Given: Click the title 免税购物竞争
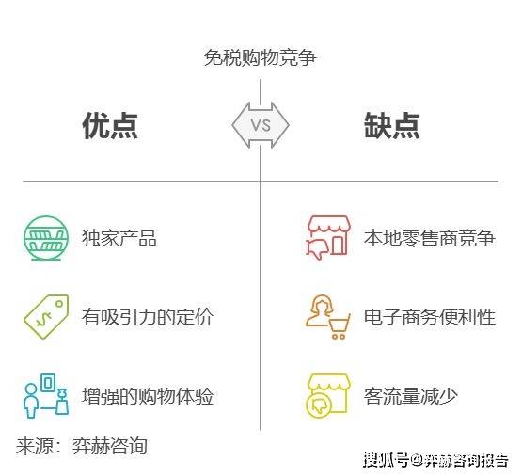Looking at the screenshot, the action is [260, 57].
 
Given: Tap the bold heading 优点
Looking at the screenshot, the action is [110, 125].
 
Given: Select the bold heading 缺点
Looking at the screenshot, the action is [392, 125].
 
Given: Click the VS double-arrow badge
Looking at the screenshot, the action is [261, 125].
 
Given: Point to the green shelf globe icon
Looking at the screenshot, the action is [46, 238].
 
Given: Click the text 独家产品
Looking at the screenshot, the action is [119, 238].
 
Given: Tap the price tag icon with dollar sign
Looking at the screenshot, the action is [46, 317].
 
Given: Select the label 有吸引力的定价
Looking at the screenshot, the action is [148, 317].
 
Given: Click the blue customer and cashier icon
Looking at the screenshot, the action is [46, 395].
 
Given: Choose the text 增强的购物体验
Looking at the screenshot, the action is [148, 396].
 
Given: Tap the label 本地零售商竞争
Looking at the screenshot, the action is [430, 238].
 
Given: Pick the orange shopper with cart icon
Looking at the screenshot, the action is [328, 317].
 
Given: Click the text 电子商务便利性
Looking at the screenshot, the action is [430, 317].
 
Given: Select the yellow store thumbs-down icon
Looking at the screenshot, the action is [328, 395].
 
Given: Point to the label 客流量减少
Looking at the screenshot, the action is [410, 396].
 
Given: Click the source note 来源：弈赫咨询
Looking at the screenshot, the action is [82, 446].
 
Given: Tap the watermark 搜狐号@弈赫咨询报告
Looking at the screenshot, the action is [435, 460].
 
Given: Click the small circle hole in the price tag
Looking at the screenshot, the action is [59, 304].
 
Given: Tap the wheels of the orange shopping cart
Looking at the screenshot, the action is [339, 336].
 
